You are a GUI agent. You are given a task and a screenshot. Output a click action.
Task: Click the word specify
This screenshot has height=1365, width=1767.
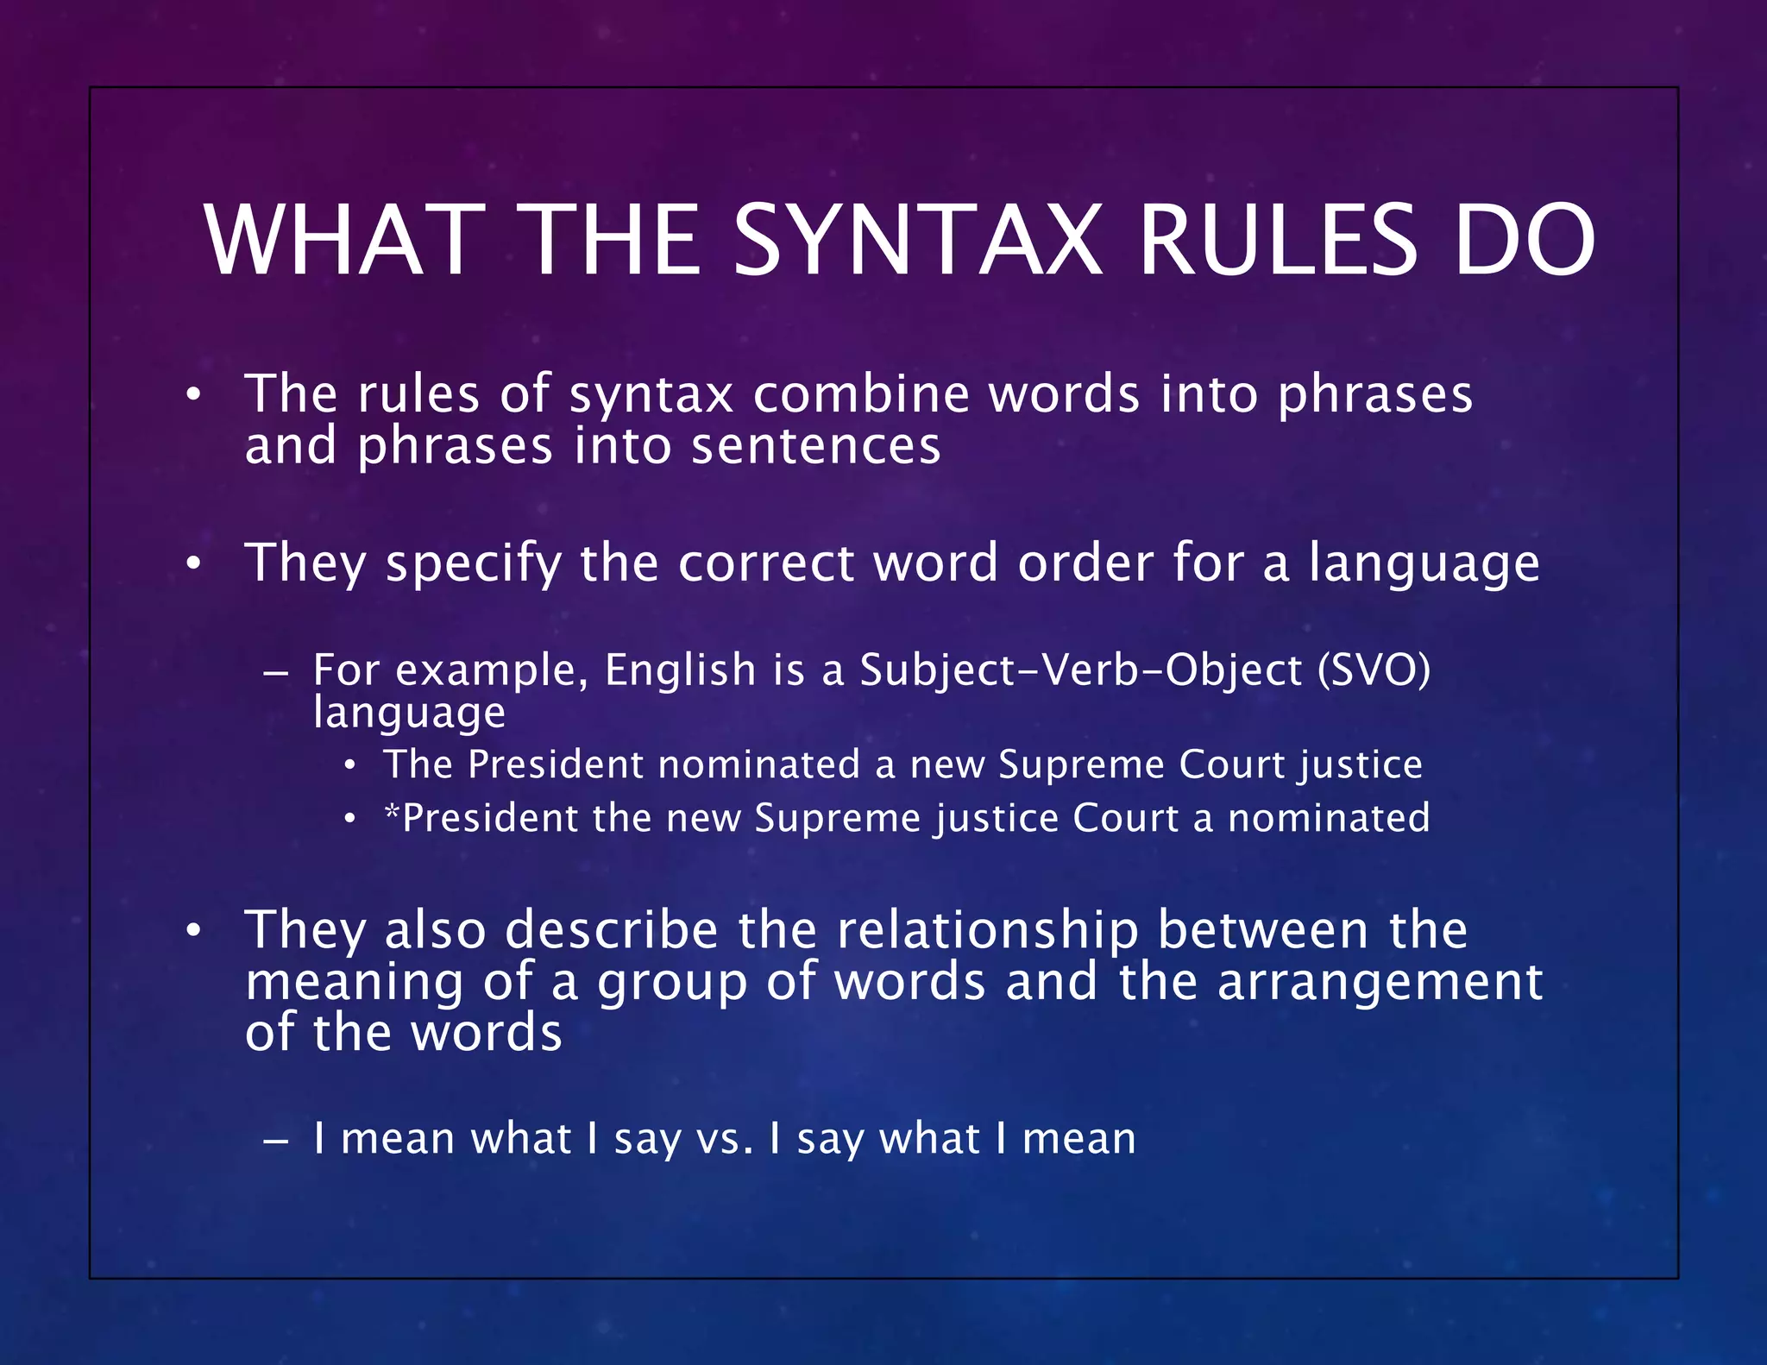click(x=473, y=563)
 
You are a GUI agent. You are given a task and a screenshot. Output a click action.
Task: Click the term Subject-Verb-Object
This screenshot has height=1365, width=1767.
click(x=1080, y=670)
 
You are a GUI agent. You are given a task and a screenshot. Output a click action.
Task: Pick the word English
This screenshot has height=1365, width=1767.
click(x=680, y=670)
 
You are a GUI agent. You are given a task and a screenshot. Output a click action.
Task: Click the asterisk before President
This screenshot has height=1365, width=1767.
click(x=393, y=811)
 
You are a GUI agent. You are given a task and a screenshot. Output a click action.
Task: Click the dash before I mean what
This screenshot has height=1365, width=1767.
click(x=275, y=1140)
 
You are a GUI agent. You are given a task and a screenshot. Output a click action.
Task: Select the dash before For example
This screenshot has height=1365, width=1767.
click(x=275, y=671)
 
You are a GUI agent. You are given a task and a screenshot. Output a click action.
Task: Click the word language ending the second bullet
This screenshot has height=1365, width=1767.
click(x=1424, y=563)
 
